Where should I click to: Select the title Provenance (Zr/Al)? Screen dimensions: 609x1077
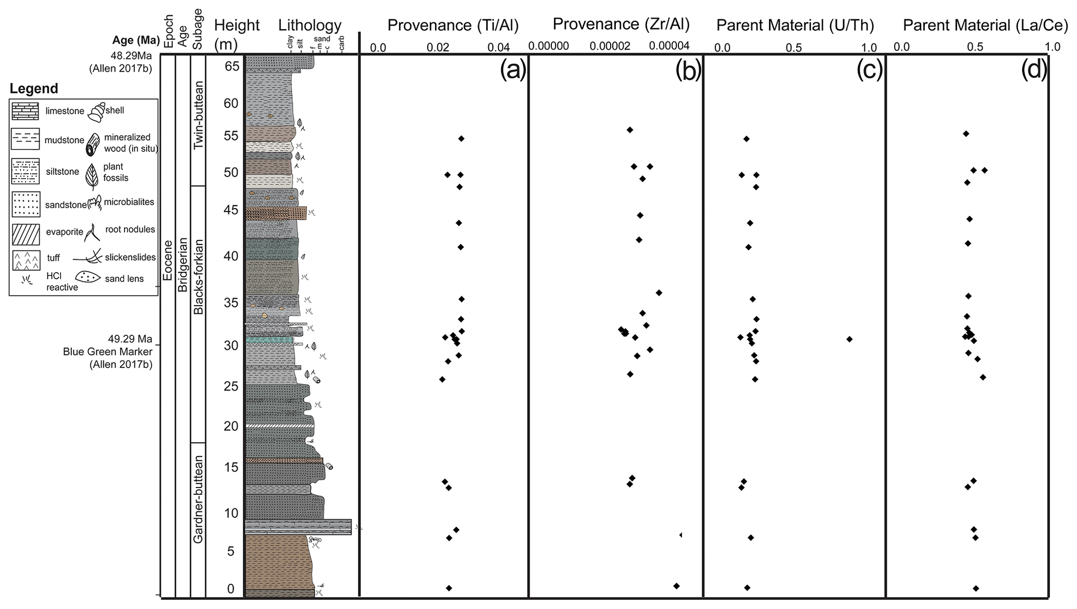pyautogui.click(x=621, y=24)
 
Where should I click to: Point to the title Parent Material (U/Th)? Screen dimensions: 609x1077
pyautogui.click(x=795, y=25)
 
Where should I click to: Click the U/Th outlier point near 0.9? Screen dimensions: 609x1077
pyautogui.click(x=849, y=339)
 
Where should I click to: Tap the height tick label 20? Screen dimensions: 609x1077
pyautogui.click(x=231, y=426)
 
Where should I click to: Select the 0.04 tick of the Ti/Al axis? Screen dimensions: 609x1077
pyautogui.click(x=499, y=48)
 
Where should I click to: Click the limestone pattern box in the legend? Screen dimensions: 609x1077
pyautogui.click(x=26, y=111)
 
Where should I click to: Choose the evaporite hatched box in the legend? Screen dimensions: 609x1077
pyautogui.click(x=26, y=233)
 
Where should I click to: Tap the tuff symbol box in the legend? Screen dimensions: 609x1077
pyautogui.click(x=26, y=260)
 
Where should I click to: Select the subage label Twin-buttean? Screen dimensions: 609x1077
pyautogui.click(x=198, y=116)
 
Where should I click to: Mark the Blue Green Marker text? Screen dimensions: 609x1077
pyautogui.click(x=108, y=351)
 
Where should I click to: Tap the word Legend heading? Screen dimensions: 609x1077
pyautogui.click(x=34, y=88)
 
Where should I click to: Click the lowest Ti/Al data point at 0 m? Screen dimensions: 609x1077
pyautogui.click(x=449, y=588)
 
